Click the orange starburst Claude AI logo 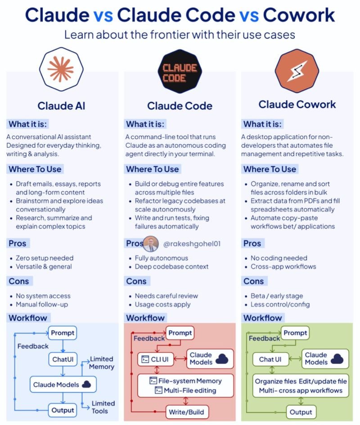tap(61, 69)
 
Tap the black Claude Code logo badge tap(180, 71)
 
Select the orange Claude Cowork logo tap(297, 71)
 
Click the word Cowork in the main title tap(299, 15)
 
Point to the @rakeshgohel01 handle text tap(192, 244)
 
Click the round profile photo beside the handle tap(151, 244)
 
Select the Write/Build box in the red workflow tap(187, 412)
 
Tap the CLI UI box tap(156, 359)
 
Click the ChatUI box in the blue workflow tap(63, 359)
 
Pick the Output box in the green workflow tap(301, 412)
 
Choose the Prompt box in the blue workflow tap(63, 333)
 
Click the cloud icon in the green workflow tap(337, 358)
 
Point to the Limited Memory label tap(102, 363)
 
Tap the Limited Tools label tap(103, 407)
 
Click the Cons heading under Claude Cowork tap(253, 281)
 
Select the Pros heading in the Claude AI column tap(18, 243)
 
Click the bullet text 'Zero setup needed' tap(45, 258)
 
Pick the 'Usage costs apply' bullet tap(162, 304)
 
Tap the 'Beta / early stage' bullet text tap(277, 296)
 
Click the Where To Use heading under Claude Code tap(153, 169)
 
